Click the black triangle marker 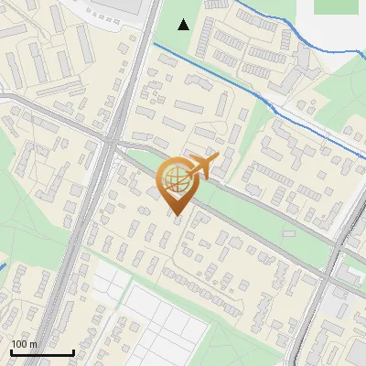tap(184, 24)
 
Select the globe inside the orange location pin tap(176, 178)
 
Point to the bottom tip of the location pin tap(177, 216)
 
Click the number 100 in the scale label tap(18, 344)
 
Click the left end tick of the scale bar tap(10, 351)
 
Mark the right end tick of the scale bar tap(73, 351)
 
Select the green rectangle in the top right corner tap(335, 6)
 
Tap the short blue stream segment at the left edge tap(3, 268)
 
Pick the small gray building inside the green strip tap(289, 232)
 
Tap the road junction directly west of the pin tap(110, 145)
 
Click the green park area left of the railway tap(27, 220)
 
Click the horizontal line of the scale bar tap(41, 353)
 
